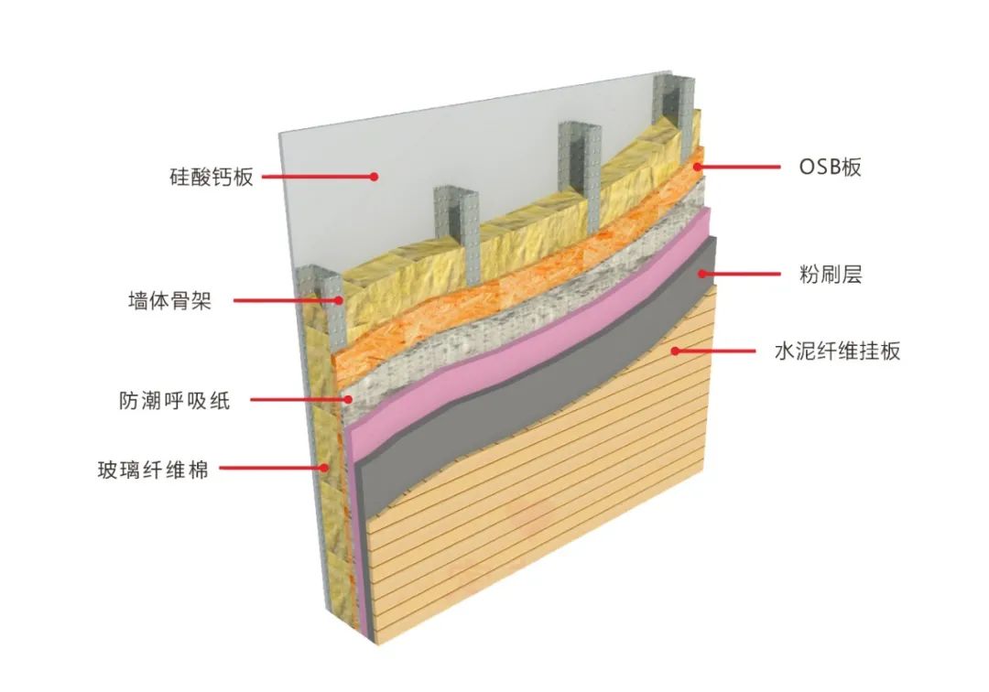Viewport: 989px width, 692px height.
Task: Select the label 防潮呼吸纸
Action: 174,400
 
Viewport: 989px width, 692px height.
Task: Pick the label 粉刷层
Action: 831,274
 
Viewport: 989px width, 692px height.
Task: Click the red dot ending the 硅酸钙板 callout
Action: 374,177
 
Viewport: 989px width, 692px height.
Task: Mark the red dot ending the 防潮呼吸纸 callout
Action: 349,399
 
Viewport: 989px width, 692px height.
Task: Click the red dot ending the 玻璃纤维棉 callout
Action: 323,469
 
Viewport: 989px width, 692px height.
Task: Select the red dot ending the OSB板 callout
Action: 698,167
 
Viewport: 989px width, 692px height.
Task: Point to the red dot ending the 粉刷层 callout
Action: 702,273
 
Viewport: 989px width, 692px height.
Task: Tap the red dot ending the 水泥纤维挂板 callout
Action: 675,349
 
